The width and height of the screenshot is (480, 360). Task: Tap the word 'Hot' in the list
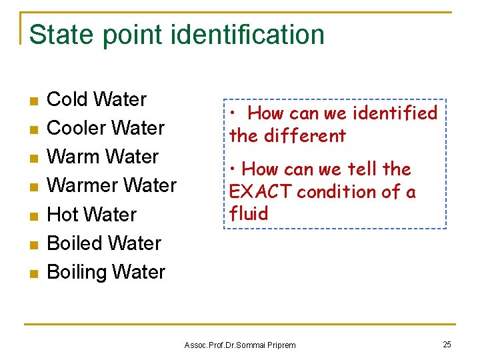point(63,215)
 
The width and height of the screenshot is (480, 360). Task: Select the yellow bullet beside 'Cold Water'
point(35,101)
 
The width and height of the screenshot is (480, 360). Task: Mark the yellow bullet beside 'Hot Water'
point(35,216)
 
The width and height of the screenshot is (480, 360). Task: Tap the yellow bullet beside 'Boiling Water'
point(35,273)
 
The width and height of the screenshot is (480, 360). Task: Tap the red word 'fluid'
point(249,214)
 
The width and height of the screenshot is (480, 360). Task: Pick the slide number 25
point(447,344)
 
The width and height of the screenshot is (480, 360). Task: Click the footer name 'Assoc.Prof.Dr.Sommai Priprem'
point(239,345)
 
